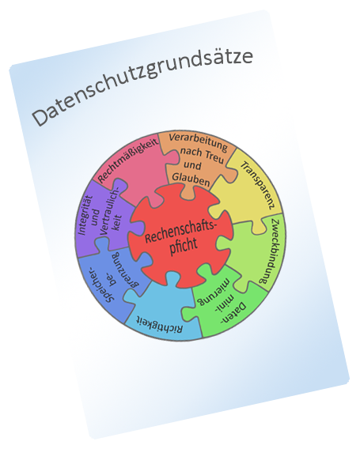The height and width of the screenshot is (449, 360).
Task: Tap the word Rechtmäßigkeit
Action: point(128,160)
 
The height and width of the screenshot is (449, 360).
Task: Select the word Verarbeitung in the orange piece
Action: point(198,142)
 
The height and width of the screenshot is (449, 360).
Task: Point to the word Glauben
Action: point(191,179)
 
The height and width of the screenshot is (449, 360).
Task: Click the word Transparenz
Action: point(257,185)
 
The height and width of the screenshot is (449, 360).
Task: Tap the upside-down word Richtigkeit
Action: point(159,324)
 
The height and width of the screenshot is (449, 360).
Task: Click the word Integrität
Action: point(85,215)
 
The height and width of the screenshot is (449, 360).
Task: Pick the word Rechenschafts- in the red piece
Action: point(180,232)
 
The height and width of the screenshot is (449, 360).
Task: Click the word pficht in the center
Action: point(184,247)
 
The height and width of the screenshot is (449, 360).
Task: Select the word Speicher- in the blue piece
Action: point(100,285)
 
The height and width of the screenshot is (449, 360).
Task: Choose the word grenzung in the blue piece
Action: point(127,270)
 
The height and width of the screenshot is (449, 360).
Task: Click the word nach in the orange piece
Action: point(191,152)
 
